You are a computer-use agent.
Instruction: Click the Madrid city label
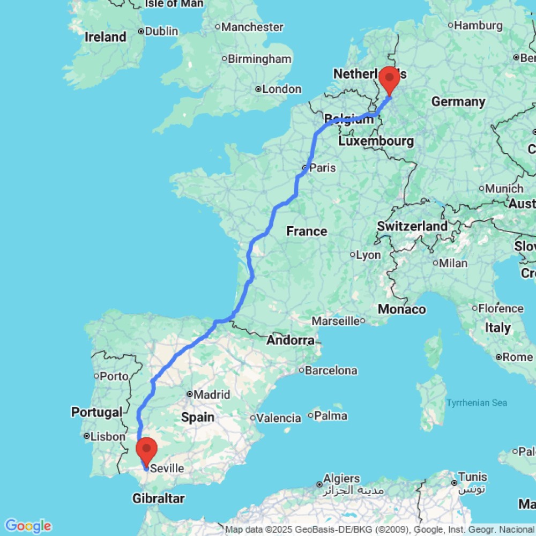(x=211, y=395)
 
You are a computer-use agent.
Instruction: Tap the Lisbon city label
(x=108, y=437)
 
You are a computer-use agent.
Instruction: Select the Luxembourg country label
(x=376, y=142)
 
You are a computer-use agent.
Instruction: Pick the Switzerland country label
(x=412, y=226)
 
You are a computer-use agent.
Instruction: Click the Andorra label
(x=291, y=340)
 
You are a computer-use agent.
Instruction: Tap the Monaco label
(x=401, y=309)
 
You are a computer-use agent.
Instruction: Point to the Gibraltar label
(x=159, y=498)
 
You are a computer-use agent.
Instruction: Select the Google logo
(x=27, y=526)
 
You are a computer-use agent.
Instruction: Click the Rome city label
(x=518, y=357)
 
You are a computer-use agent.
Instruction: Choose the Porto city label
(x=114, y=376)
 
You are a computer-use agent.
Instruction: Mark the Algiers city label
(x=342, y=478)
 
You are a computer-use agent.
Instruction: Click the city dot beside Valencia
(x=252, y=418)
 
